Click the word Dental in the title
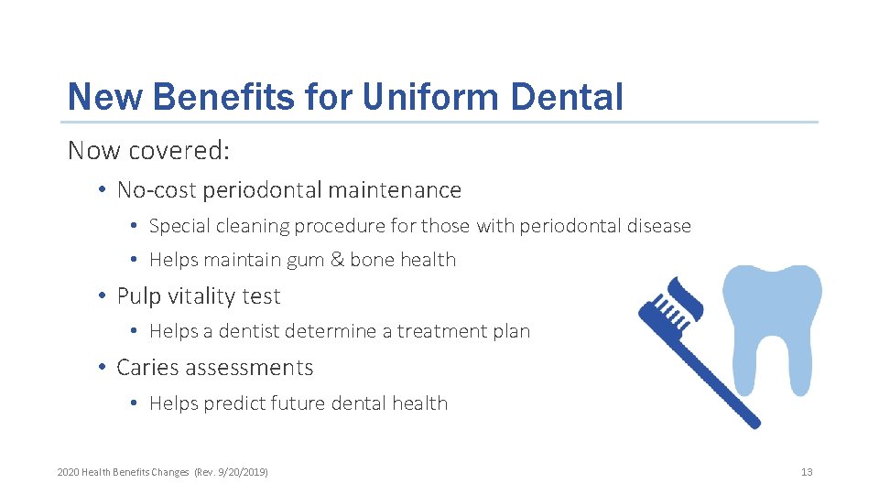pos(570,97)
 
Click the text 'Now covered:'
pos(148,151)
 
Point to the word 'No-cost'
pos(157,190)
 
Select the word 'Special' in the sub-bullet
pos(179,226)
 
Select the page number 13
pos(806,472)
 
